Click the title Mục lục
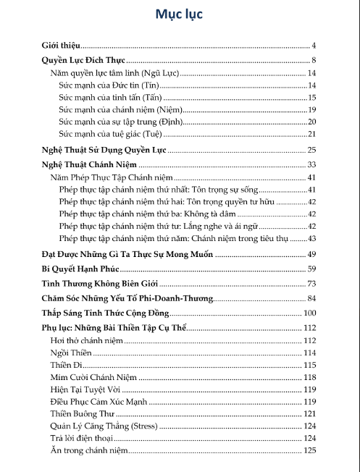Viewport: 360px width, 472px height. (180, 14)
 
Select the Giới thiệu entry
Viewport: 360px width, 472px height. (61, 46)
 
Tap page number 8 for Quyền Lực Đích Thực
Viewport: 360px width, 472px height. (314, 59)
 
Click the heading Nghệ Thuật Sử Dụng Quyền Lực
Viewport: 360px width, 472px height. (104, 150)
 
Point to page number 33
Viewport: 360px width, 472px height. (312, 165)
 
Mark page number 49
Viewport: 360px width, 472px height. (312, 254)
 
